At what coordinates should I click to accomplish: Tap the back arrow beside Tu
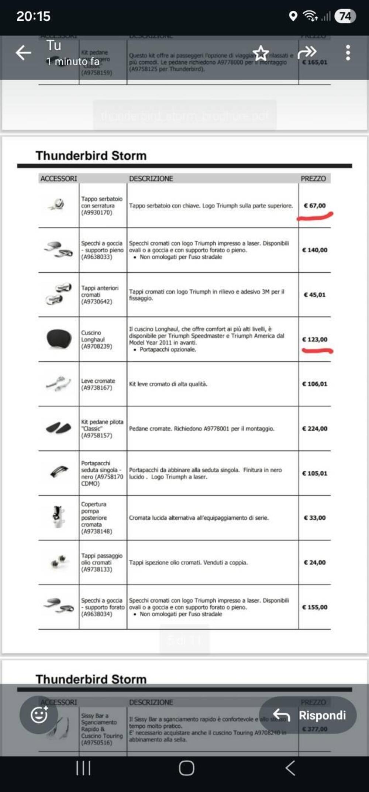point(23,53)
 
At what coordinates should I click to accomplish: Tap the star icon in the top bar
point(261,53)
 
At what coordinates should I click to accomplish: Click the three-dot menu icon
point(348,53)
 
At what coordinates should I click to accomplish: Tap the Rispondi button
point(308,715)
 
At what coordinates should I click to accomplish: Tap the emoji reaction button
point(39,715)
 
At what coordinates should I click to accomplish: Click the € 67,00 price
point(315,206)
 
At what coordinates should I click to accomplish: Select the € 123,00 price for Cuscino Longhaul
point(315,340)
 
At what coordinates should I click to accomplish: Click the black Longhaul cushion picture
point(59,338)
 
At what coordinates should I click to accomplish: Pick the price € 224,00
point(315,428)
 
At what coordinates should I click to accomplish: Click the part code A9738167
point(97,388)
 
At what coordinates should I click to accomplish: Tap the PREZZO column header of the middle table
point(313,179)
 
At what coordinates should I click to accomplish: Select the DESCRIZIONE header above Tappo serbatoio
point(151,179)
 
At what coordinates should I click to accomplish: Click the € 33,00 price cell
point(315,518)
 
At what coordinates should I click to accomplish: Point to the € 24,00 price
point(315,562)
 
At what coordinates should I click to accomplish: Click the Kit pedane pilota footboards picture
point(59,428)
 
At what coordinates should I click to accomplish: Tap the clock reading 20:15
point(33,16)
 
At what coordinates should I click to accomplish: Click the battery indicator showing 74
point(345,16)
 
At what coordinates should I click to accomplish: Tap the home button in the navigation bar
point(186,768)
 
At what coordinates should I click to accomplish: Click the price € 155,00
point(315,607)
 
